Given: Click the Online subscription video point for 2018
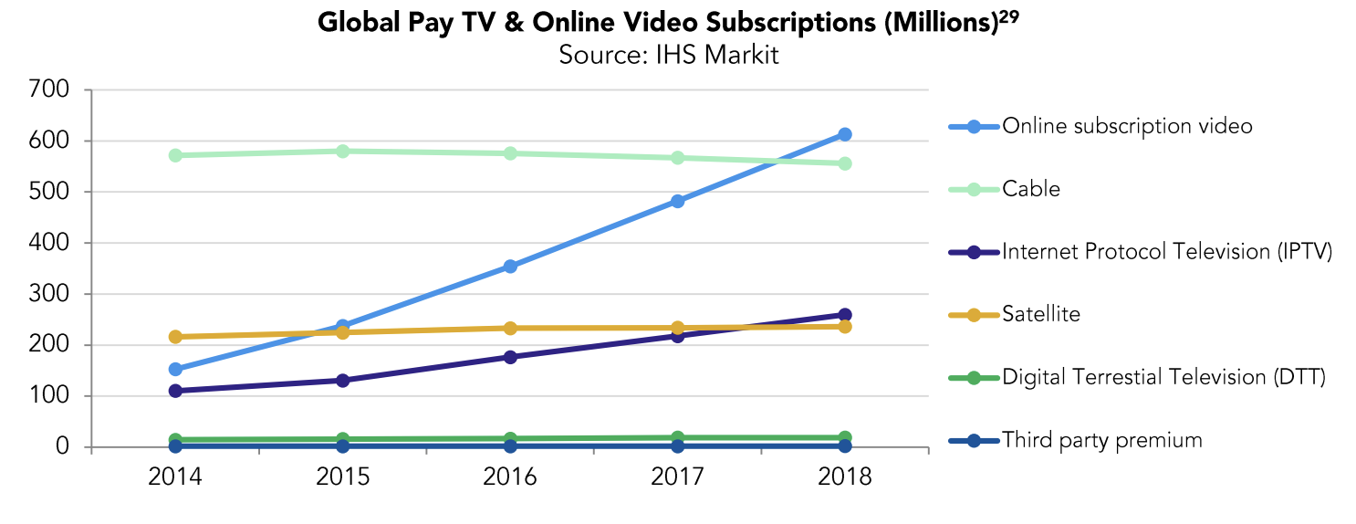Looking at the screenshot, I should pos(845,134).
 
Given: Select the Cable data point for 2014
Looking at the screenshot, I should pos(174,155).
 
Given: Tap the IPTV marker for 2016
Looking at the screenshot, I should pos(510,357).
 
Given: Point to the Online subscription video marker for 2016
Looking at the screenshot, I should pos(510,267).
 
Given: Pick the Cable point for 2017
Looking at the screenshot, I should pos(678,158).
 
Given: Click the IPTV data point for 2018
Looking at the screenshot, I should pos(845,315).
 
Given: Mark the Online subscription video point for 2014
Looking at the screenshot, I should pos(174,370).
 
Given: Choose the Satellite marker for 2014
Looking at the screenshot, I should pos(174,337).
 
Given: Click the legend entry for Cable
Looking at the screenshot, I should pos(1031,189).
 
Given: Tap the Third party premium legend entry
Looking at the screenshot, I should pos(1101,441).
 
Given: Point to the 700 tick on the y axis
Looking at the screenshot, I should pos(50,90).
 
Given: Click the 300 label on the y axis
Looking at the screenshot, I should pos(50,295).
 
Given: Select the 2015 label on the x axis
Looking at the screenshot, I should pos(342,477).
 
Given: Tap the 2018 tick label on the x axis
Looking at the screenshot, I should pos(845,477).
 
